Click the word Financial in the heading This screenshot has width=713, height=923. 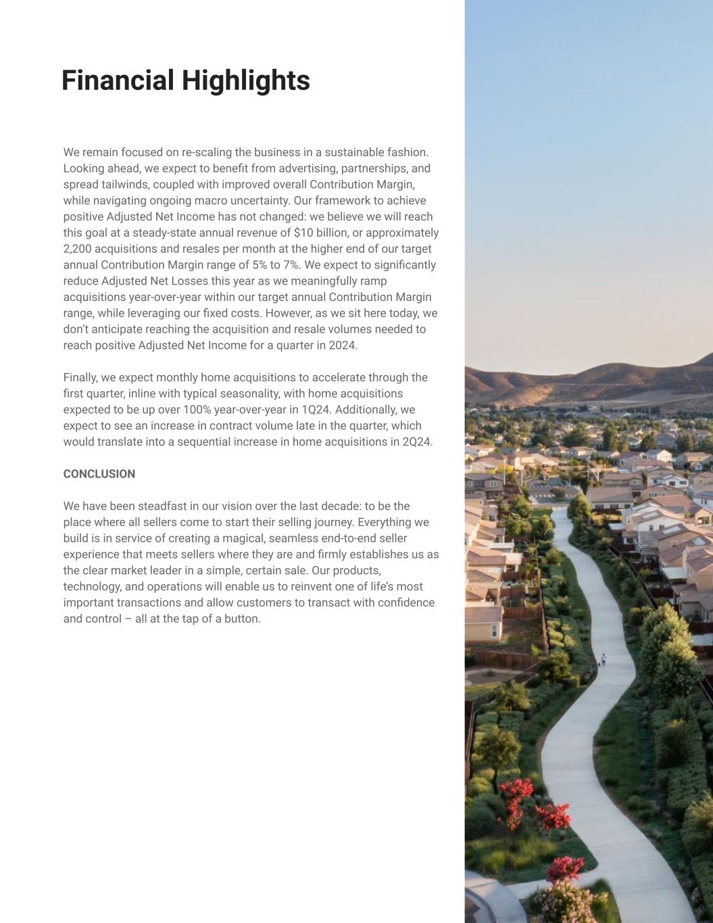118,80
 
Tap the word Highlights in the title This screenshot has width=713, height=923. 246,80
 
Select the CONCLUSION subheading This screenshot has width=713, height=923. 99,474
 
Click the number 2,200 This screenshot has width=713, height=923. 79,249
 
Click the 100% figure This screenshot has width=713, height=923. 197,410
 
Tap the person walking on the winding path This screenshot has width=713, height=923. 603,658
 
